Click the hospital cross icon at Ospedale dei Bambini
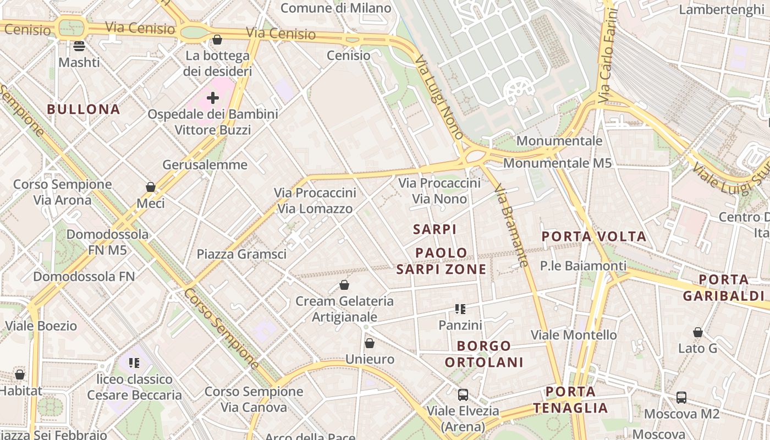coord(213,98)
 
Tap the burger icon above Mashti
coord(79,46)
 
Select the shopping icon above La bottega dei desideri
coord(217,40)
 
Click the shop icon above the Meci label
coord(151,188)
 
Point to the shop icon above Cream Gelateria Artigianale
coord(344,285)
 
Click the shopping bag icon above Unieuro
coord(370,343)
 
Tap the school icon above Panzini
coord(460,309)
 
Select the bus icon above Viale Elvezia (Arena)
coord(463,394)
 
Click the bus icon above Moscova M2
coord(681,397)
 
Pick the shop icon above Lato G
coord(698,332)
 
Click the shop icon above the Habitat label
coord(20,375)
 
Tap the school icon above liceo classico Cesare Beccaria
coord(134,363)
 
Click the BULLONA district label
coord(84,109)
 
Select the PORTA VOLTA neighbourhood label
coord(594,237)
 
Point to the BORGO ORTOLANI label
coord(484,354)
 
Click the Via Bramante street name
coord(512,226)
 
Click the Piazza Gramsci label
coord(241,254)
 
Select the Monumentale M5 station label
coord(557,163)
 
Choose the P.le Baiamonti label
coord(583,266)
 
